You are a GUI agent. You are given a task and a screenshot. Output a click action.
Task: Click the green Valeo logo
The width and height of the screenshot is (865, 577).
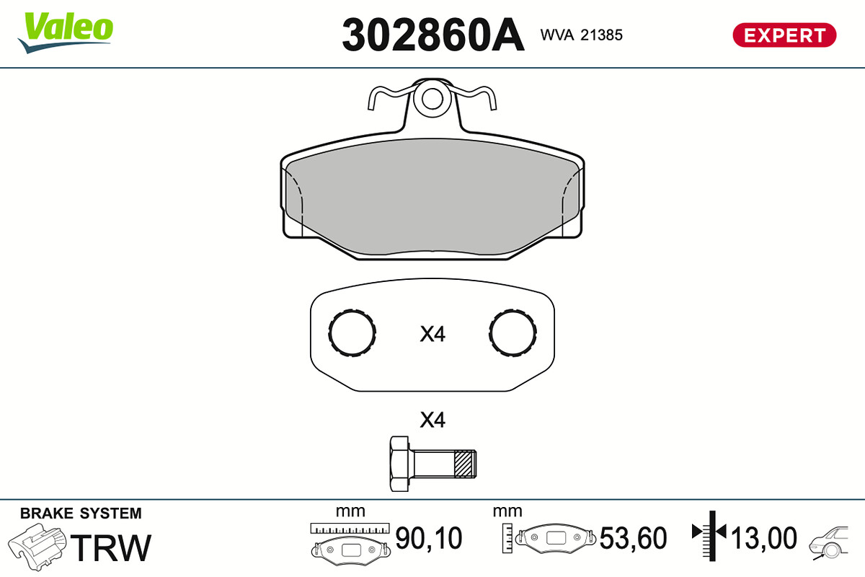66,32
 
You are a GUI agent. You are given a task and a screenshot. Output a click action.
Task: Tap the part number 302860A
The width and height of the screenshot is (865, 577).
433,35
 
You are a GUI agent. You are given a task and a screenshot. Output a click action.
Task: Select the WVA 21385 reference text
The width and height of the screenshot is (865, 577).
581,35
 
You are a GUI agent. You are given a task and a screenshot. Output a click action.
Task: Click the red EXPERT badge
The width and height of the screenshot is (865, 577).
784,35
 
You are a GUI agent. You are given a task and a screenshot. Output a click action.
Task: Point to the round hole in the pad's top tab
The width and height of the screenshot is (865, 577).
432,99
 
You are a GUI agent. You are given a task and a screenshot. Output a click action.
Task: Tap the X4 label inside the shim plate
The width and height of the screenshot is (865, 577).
432,334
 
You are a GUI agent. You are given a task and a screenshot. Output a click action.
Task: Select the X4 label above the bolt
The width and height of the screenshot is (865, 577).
432,420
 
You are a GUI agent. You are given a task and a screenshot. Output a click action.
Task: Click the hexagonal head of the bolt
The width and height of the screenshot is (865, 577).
399,464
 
